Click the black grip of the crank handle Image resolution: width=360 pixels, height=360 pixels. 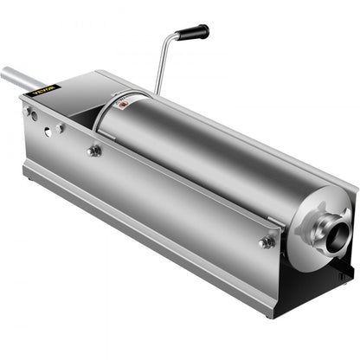pos(193,33)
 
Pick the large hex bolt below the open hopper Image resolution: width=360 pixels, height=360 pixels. pos(93,151)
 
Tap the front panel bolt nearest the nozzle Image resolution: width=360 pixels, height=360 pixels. pos(267,242)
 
